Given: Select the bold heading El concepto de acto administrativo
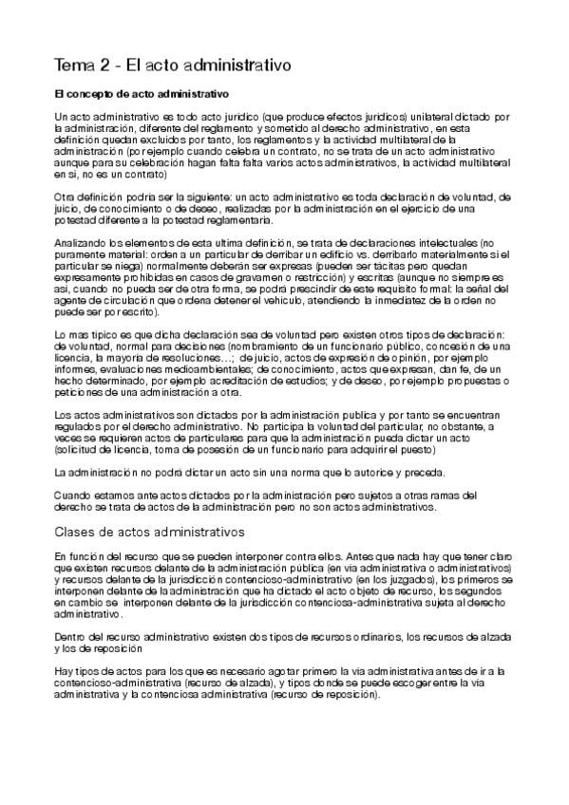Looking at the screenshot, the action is coord(141,95).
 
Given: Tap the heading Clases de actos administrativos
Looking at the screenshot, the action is coord(150,532).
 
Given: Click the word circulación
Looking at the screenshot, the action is coord(122,299).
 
